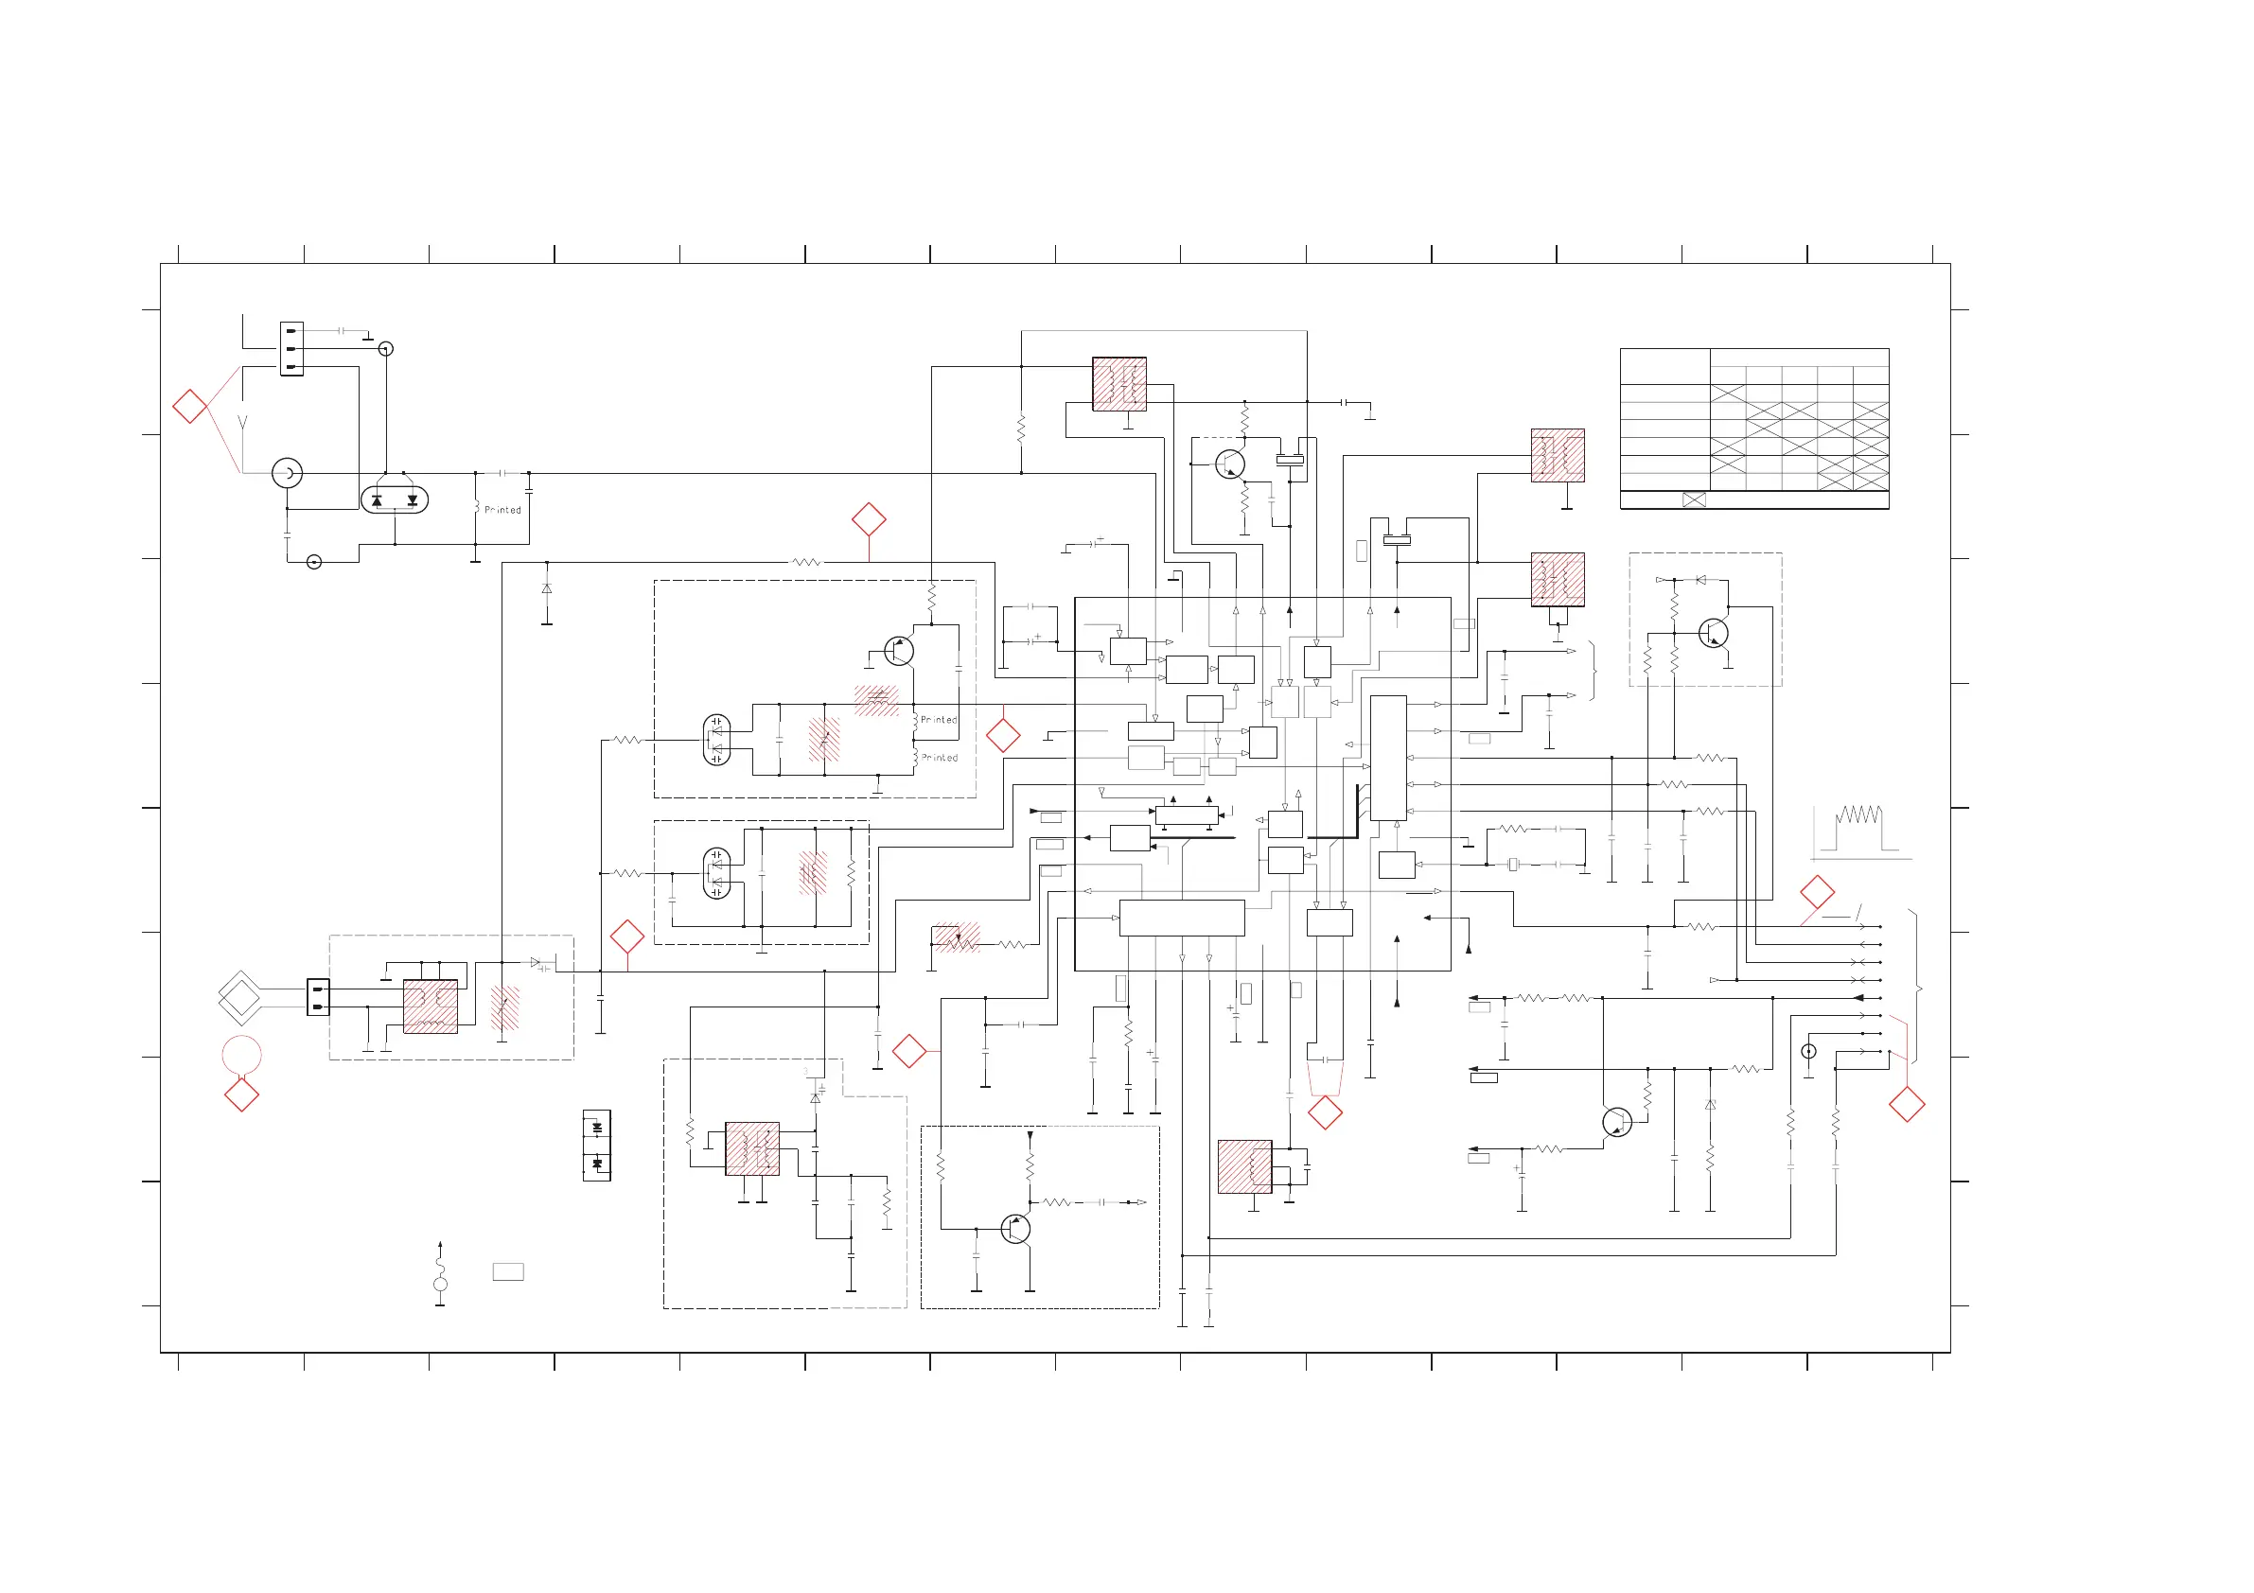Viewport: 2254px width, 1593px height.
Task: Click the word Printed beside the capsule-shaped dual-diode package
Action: point(502,511)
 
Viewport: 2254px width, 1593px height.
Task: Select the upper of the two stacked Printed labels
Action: point(939,721)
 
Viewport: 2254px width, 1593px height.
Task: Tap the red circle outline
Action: point(241,1056)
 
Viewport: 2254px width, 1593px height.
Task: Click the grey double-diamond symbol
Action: point(239,998)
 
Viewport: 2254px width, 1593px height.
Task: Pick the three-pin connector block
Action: point(291,348)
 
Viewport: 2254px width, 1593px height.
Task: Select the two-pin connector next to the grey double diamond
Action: point(318,997)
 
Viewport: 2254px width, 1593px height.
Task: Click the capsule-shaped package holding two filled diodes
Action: point(395,499)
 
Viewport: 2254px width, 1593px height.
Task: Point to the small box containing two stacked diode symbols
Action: point(597,1146)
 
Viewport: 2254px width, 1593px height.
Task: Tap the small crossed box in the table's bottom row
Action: point(1695,499)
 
